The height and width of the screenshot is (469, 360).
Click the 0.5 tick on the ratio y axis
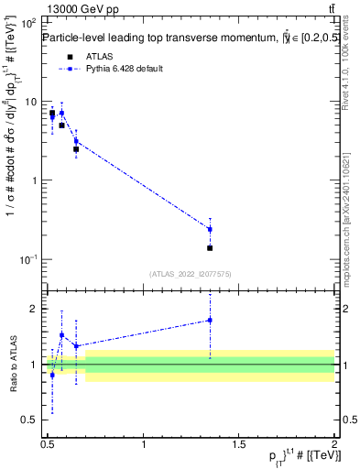29,420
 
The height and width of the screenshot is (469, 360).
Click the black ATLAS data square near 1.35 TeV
210,248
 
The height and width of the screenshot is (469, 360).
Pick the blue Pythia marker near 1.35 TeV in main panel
210,229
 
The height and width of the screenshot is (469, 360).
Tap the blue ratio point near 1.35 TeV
210,320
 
